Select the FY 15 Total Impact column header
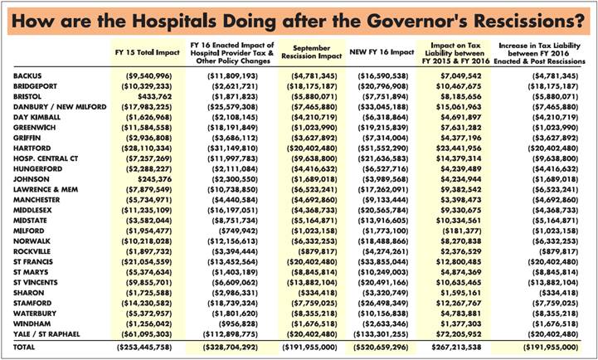[147, 52]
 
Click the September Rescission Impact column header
[312, 52]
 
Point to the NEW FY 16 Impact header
[382, 52]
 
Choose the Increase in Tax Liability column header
[540, 53]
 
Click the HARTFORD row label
[32, 148]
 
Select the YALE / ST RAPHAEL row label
[46, 334]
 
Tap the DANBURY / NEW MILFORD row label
[60, 107]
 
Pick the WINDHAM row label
[32, 324]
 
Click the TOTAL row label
[24, 348]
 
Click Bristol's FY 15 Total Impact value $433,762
[155, 97]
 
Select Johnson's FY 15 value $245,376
[155, 179]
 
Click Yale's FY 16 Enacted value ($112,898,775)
[228, 334]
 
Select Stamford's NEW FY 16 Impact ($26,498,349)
[380, 304]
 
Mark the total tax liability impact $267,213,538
[456, 348]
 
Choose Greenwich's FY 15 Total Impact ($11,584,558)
[147, 128]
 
